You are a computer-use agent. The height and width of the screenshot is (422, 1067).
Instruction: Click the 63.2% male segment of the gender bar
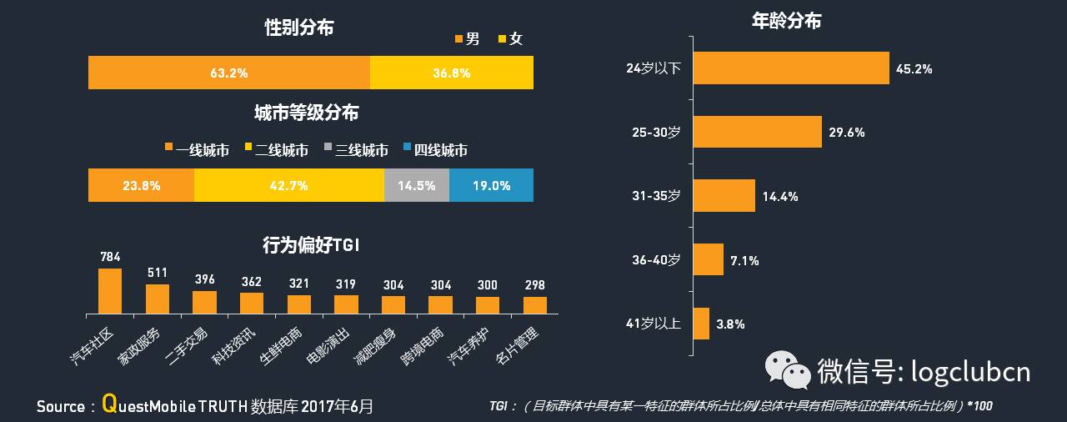tap(229, 73)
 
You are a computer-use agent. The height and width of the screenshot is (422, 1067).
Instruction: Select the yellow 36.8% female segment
tap(451, 73)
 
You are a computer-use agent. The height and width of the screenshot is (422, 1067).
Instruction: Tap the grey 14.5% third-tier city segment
tap(416, 185)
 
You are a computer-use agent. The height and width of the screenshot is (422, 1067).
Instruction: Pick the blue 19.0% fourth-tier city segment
tap(491, 185)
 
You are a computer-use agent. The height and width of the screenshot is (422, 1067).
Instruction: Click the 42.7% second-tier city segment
tap(288, 185)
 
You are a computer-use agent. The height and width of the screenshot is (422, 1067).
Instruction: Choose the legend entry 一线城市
tap(197, 150)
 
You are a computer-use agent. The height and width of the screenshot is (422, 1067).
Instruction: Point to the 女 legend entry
tap(509, 39)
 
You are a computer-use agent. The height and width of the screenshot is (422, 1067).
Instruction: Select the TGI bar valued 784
tap(110, 290)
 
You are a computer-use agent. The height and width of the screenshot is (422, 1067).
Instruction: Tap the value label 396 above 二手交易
tap(205, 279)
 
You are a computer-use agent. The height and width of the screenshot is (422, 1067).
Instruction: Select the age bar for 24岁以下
tap(791, 68)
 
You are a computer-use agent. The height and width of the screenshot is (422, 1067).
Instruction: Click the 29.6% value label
tap(846, 133)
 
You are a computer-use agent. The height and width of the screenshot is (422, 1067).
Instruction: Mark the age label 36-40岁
tap(656, 260)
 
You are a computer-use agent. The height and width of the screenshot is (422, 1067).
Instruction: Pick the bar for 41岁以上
tap(701, 324)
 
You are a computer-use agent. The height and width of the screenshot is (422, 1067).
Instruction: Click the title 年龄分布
tap(786, 21)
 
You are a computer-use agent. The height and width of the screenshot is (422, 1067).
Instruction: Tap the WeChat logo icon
tap(788, 369)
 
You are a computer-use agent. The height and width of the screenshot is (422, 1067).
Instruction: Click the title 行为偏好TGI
tap(310, 245)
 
